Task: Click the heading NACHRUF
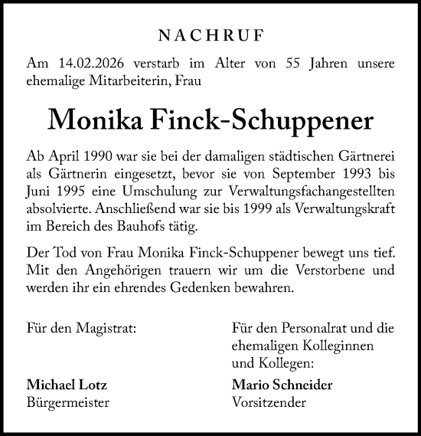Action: click(x=210, y=35)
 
